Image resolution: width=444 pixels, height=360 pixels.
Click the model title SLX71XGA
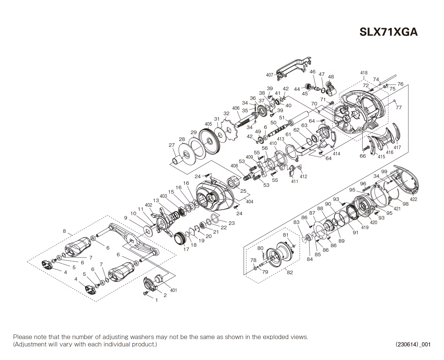click(388, 32)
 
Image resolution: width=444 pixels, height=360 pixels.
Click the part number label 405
click(208, 124)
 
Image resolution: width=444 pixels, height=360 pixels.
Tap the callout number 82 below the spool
click(290, 272)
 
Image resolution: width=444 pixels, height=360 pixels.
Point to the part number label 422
click(414, 199)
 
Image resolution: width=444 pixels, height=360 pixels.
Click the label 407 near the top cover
click(269, 75)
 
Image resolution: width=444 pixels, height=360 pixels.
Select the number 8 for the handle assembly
click(64, 231)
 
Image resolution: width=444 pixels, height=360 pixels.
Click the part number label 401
click(173, 290)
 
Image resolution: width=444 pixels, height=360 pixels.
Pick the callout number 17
click(186, 249)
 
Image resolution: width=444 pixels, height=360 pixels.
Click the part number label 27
click(172, 145)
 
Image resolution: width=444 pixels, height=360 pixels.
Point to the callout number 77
click(398, 108)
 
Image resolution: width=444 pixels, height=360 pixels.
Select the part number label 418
click(364, 73)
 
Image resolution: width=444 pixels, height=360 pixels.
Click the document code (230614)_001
click(413, 344)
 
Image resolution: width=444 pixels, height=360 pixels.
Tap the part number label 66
click(363, 156)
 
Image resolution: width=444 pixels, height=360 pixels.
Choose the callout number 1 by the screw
click(156, 300)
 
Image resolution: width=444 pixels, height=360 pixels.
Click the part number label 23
click(232, 223)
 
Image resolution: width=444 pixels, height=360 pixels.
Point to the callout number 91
click(356, 232)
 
